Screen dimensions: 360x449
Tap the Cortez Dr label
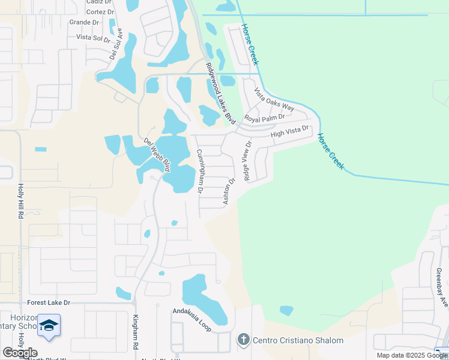pos(100,12)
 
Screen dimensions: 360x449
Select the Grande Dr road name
pos(84,23)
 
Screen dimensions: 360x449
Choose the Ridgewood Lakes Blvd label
pos(220,94)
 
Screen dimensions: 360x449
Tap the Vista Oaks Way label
pos(274,100)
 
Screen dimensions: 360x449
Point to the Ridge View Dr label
pos(246,160)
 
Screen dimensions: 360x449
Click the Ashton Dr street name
pos(229,191)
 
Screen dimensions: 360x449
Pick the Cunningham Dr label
pos(201,171)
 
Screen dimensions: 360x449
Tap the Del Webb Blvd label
pos(158,154)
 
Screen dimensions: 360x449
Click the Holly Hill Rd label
pos(20,200)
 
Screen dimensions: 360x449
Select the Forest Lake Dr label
pos(49,303)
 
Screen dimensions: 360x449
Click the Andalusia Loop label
pos(192,320)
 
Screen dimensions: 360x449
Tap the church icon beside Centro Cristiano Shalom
pos(244,340)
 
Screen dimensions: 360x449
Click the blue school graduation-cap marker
pos(49,326)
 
